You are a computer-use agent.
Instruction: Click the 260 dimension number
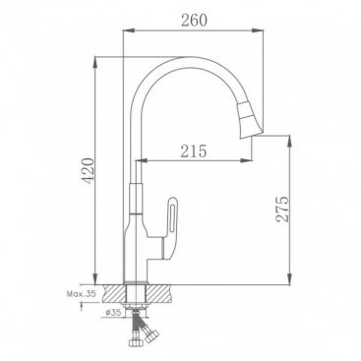click(194, 21)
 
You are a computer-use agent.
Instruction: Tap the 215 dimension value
click(194, 151)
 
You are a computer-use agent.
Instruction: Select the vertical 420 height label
click(88, 171)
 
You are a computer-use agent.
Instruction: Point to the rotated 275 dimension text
click(282, 210)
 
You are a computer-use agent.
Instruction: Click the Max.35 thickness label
click(82, 294)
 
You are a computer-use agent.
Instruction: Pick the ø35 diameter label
click(113, 313)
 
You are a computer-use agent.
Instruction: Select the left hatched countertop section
click(114, 293)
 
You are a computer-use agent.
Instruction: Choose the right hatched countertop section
click(158, 293)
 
